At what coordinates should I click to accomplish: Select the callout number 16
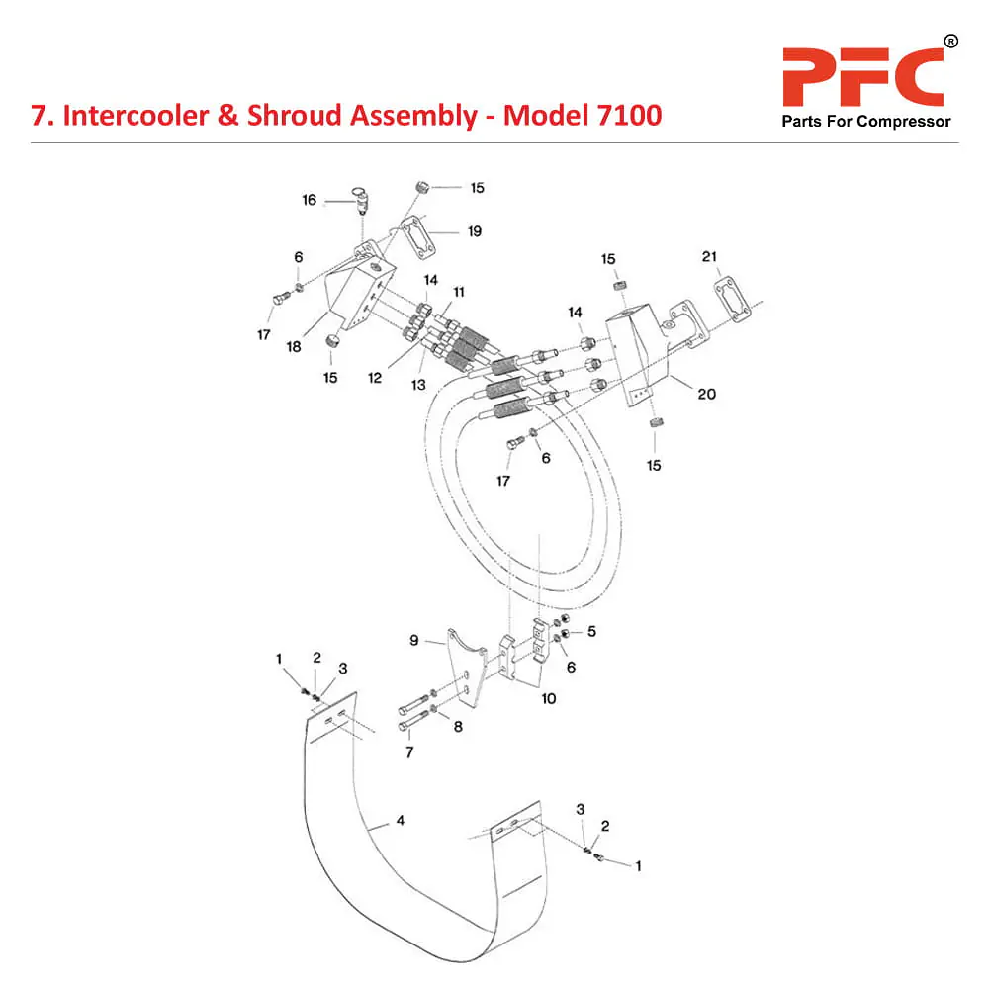309,200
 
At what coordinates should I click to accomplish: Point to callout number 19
475,231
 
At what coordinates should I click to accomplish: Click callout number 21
709,257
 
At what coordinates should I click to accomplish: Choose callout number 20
706,394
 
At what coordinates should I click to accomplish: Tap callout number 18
294,346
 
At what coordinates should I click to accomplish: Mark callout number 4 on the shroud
400,820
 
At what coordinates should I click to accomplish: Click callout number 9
415,640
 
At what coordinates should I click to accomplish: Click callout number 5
592,630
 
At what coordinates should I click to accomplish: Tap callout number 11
458,292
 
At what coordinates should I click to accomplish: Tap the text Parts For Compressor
866,122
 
